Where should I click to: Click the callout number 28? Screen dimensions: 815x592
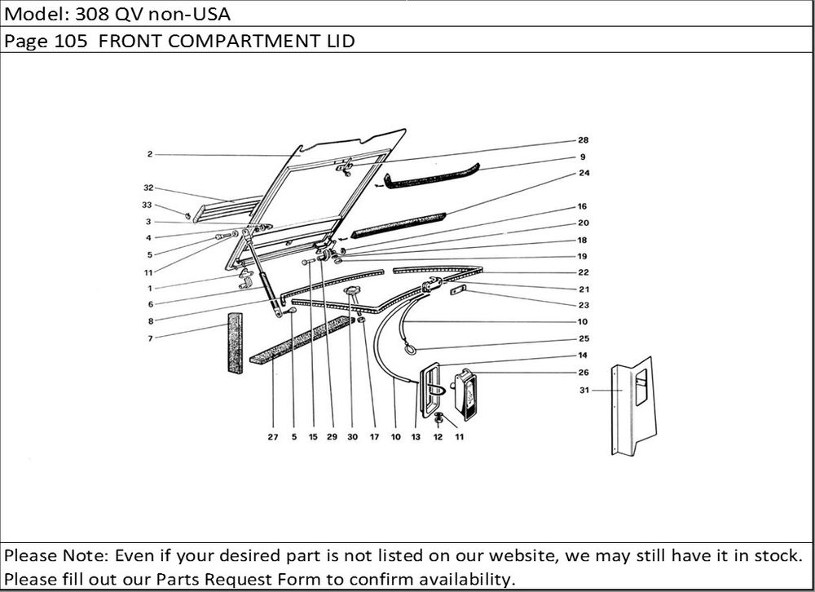(583, 140)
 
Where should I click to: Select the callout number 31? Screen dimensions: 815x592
(584, 390)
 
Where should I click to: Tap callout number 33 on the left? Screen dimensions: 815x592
(147, 205)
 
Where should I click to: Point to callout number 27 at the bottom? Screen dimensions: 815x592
(273, 437)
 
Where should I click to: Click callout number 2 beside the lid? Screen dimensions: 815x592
(150, 154)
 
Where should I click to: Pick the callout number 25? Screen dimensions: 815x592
(584, 338)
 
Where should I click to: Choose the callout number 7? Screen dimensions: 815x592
(150, 338)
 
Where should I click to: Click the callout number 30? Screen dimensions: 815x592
(352, 437)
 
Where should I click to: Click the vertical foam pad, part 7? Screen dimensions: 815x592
(236, 342)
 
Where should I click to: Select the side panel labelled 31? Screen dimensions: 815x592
(633, 406)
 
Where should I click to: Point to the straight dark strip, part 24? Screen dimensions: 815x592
(399, 225)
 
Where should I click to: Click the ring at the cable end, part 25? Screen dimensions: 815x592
(411, 350)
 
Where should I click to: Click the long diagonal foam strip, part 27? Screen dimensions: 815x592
(302, 340)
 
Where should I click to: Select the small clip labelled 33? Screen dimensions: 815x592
(187, 214)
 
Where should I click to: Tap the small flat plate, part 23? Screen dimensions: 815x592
(458, 289)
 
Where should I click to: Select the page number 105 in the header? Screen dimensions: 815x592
(71, 41)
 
